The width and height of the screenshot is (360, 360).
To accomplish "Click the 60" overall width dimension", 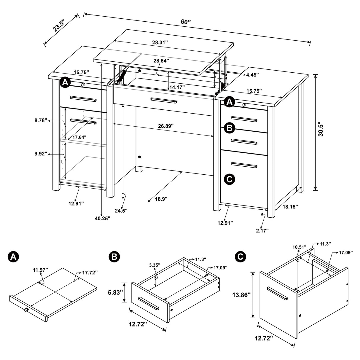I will click(186, 22).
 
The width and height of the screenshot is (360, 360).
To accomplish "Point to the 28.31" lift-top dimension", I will click(160, 42).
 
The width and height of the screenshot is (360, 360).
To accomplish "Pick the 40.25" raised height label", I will click(103, 218).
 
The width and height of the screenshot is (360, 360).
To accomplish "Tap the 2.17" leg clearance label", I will click(262, 230).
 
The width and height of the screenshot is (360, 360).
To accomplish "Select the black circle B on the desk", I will click(230, 128).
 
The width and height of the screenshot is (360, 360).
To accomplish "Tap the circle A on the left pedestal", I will click(65, 83).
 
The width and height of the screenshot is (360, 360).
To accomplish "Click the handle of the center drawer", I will click(164, 101).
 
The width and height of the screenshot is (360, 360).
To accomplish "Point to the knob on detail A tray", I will click(26, 310).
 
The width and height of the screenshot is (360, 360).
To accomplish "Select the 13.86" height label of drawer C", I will click(241, 295).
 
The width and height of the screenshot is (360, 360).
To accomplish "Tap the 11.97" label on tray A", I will click(41, 270).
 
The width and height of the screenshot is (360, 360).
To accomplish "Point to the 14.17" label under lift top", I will click(177, 87).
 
